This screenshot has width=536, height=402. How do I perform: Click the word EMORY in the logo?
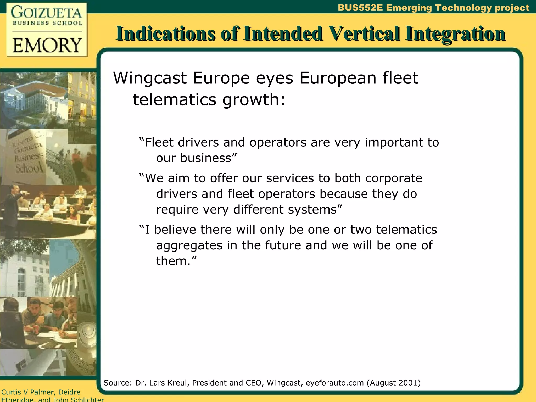pyautogui.click(x=47, y=45)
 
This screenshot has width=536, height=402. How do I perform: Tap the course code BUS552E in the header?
pyautogui.click(x=360, y=8)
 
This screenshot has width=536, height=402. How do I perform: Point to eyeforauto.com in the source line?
pyautogui.click(x=335, y=383)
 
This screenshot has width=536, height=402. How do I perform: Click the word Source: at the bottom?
pyautogui.click(x=118, y=383)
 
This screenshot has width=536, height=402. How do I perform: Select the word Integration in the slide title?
pyautogui.click(x=455, y=34)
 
